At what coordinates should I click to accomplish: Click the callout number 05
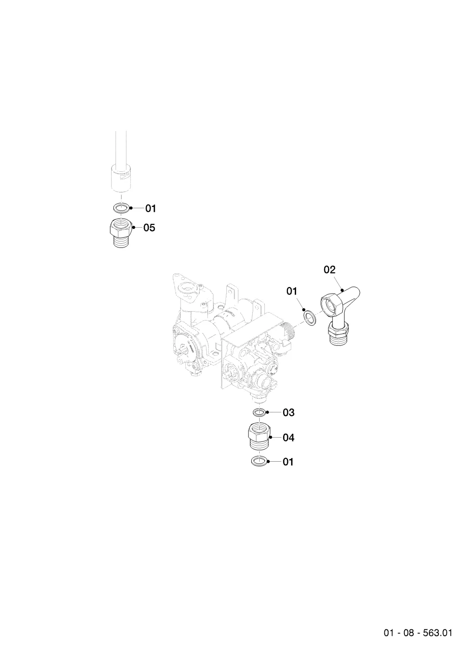click(149, 228)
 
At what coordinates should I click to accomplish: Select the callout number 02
click(330, 270)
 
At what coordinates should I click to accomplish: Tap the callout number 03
click(288, 413)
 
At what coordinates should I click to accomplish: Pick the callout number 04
click(288, 438)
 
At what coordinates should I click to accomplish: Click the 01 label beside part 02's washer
click(292, 291)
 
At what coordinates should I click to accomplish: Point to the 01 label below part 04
click(288, 462)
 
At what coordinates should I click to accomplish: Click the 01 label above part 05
click(151, 208)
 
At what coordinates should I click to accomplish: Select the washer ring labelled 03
click(260, 413)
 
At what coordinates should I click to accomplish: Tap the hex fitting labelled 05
click(122, 233)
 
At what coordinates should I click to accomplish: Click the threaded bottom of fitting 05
click(122, 241)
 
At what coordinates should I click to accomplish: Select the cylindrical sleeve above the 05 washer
click(122, 178)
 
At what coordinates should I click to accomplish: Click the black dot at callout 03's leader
click(268, 412)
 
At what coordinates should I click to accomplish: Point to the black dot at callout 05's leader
click(134, 228)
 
